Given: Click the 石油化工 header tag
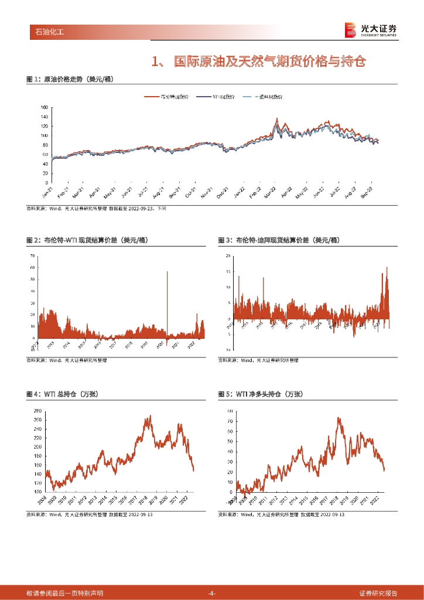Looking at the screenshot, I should coord(46,32).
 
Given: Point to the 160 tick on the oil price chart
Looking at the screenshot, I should coord(45,108).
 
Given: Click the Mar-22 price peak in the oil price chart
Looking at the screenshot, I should coord(276,119).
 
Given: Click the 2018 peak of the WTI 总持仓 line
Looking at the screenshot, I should coord(150,417).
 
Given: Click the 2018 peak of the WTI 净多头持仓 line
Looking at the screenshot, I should coord(338,418).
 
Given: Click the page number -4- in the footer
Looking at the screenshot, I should coord(212,593).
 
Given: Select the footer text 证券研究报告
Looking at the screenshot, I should coord(378,593).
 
